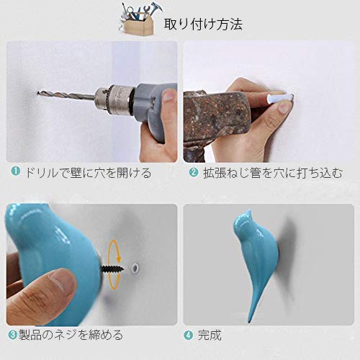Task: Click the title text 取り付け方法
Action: (x=203, y=24)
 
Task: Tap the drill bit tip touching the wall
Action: (x=38, y=92)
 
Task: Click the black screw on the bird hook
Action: (x=112, y=269)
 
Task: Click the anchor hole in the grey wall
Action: (x=135, y=266)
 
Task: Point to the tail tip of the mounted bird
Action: (x=250, y=321)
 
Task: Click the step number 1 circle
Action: (x=15, y=171)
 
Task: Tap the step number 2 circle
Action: (x=194, y=173)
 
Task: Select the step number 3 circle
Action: (x=12, y=335)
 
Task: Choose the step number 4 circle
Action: (x=189, y=335)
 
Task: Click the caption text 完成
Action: (x=210, y=336)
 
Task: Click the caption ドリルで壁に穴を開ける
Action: (x=88, y=173)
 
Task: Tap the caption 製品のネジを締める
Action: (x=71, y=335)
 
